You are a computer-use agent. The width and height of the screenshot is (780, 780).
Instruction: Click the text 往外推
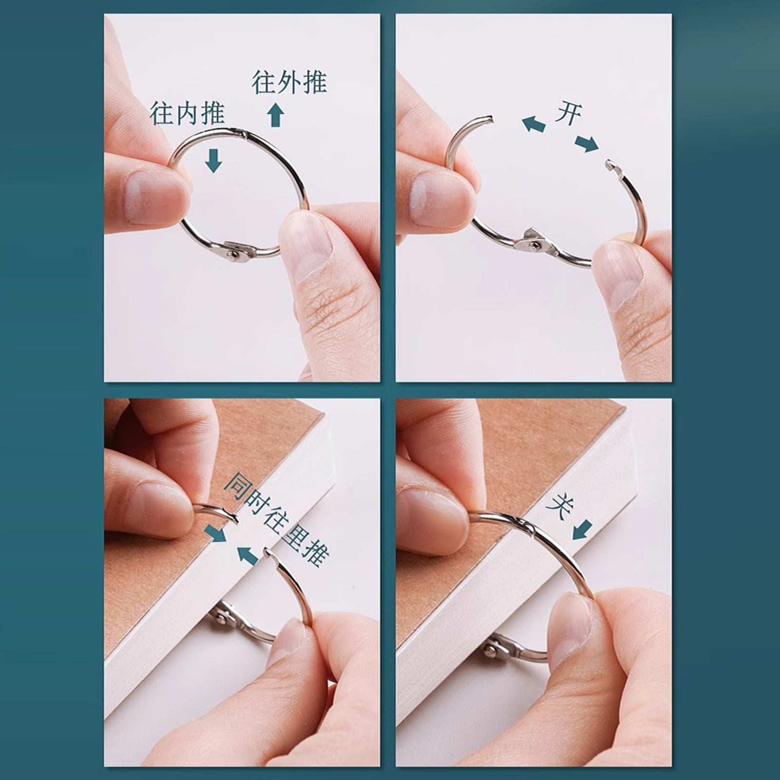coord(289,82)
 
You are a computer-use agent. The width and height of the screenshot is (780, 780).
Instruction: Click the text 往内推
coord(187,113)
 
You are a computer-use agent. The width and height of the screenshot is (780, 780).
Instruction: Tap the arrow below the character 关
coord(582,530)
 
